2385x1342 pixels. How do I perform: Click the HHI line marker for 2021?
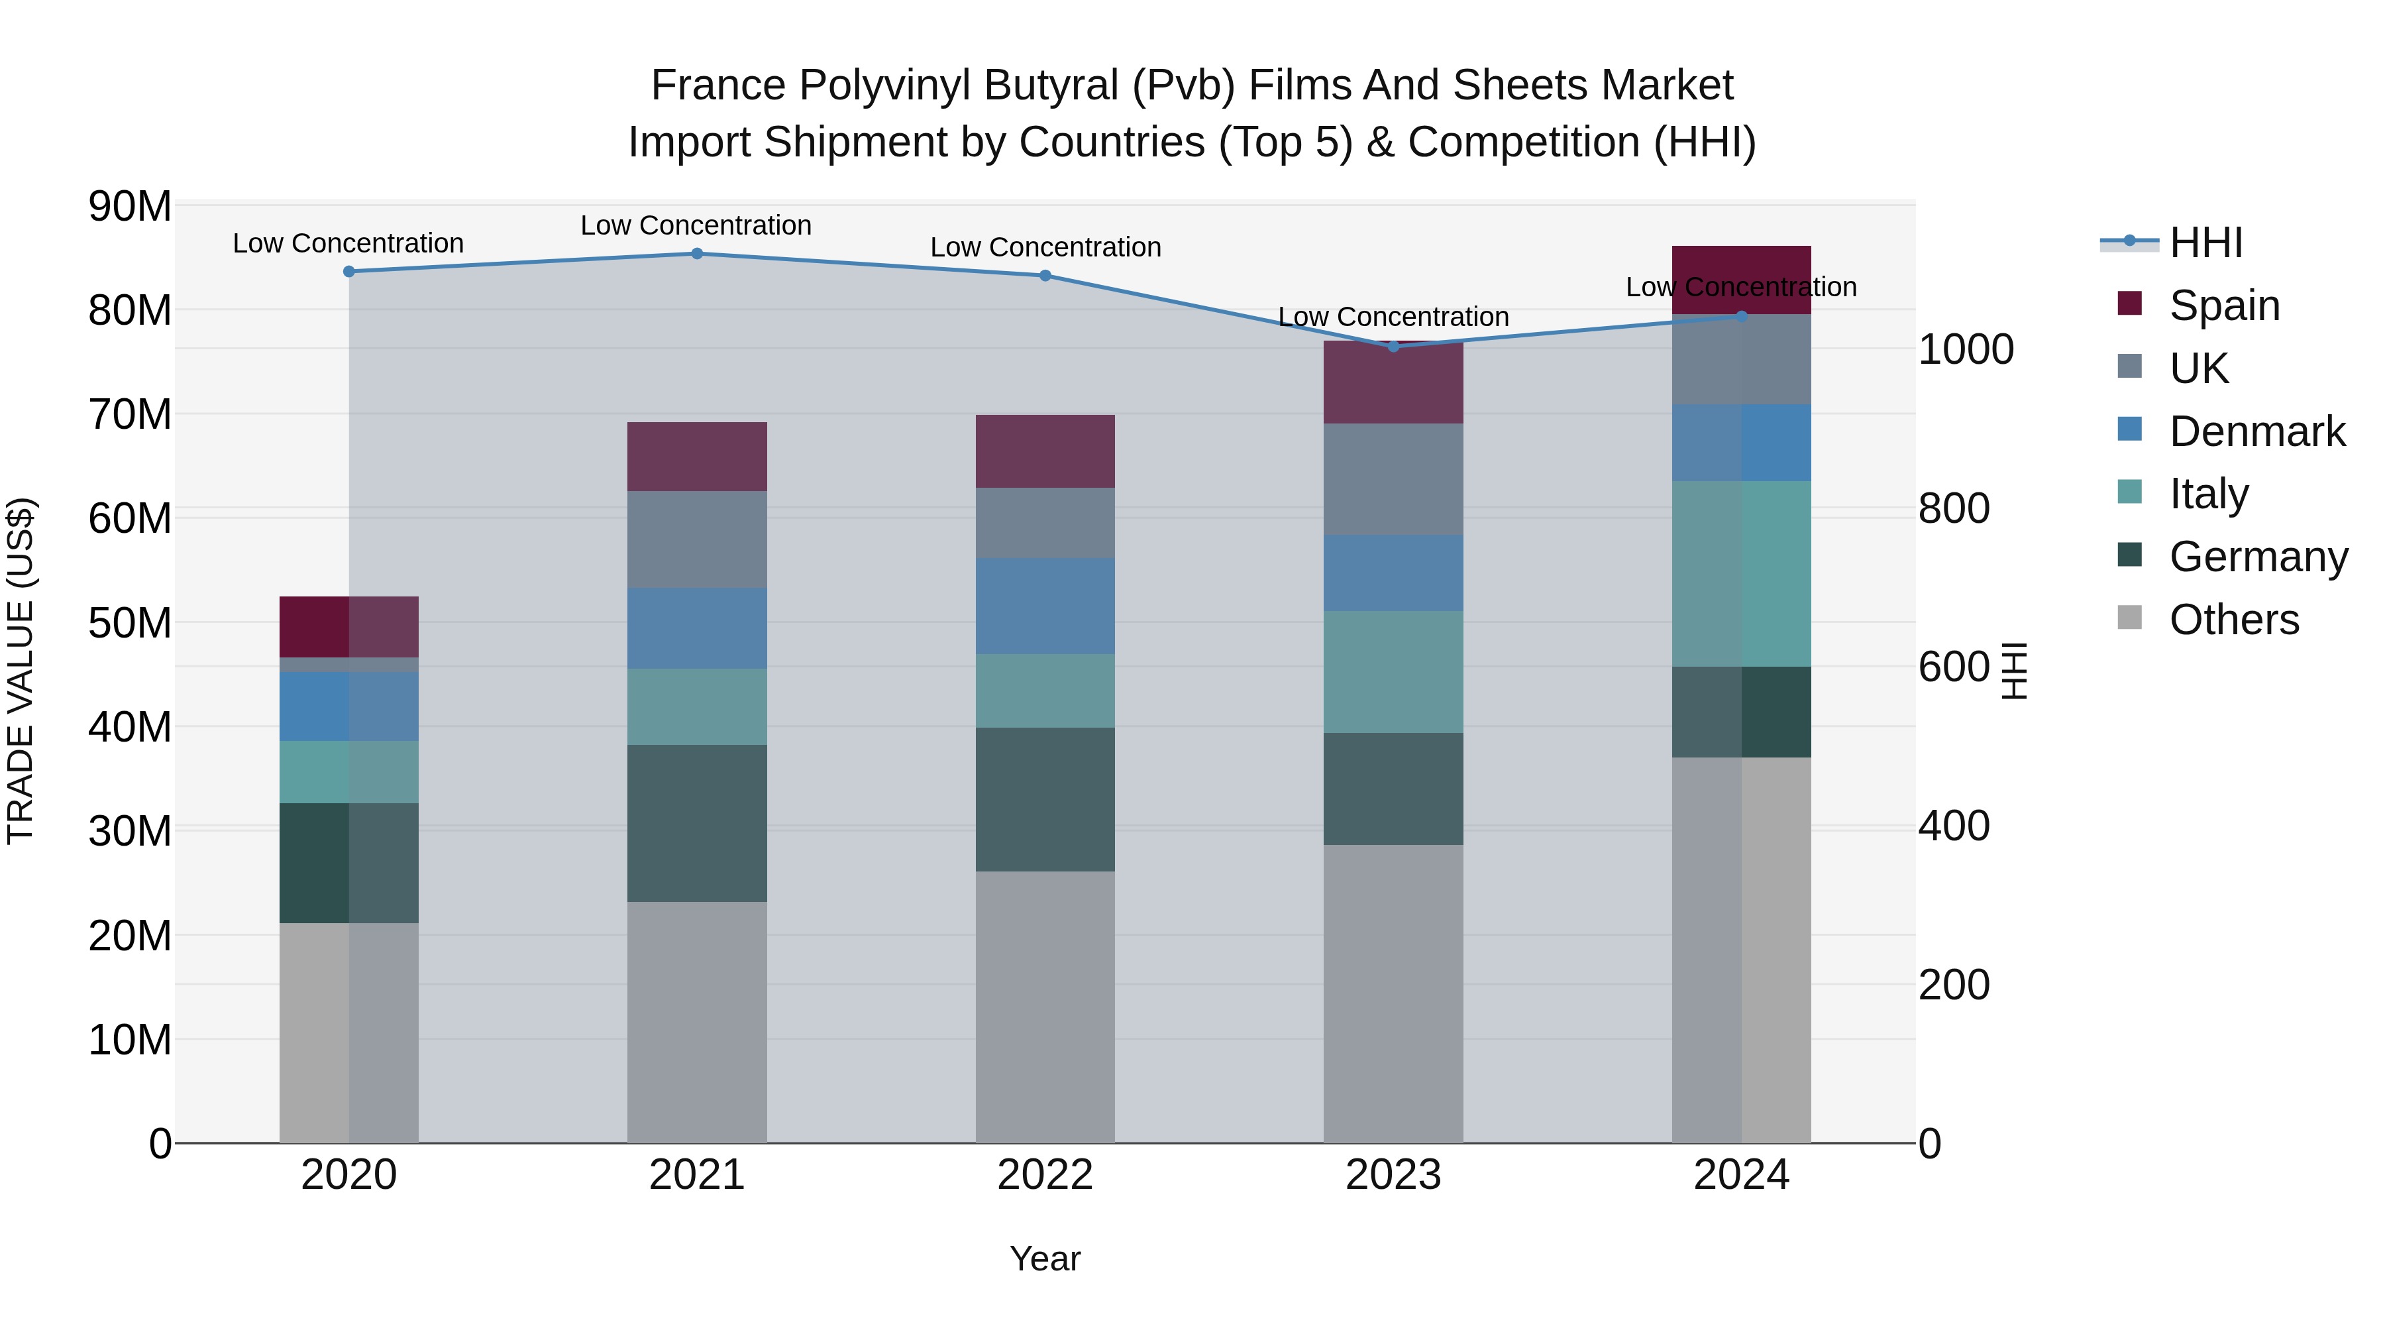697,254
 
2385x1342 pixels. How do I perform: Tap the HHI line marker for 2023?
1393,347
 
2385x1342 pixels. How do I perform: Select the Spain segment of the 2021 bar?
697,457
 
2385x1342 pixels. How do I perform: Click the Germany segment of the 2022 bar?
1045,799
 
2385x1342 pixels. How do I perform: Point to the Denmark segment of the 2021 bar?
697,628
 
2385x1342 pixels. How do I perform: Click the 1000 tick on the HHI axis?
1966,350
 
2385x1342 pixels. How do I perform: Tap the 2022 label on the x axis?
1045,1175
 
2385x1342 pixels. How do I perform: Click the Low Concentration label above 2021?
696,225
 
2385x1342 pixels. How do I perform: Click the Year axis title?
1045,1258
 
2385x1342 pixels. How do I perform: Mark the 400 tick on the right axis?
1954,825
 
